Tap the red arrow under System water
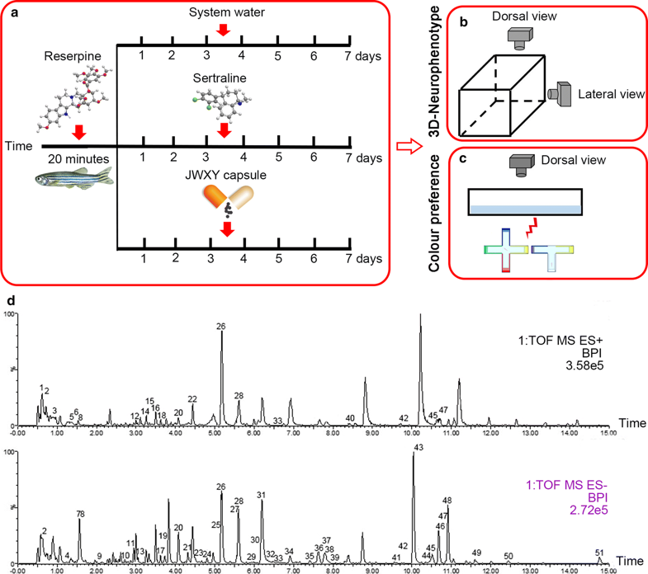pos(221,31)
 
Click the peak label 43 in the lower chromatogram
pos(419,447)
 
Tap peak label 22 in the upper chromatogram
pos(192,398)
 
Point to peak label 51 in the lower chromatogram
pos(600,553)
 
